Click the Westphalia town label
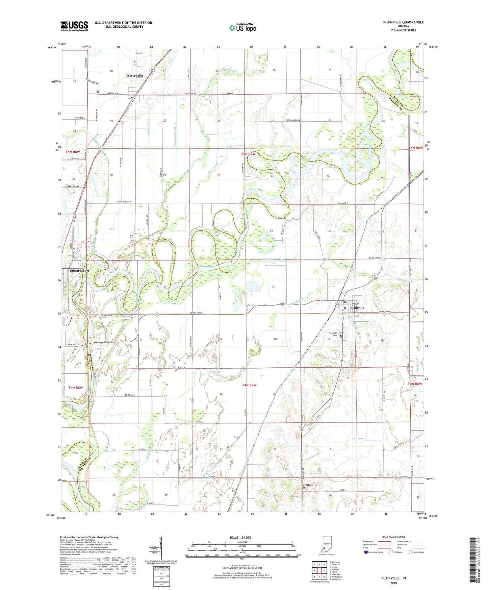[134, 76]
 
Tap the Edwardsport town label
[79, 271]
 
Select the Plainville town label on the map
[357, 308]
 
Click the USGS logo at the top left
[74, 26]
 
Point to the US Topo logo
[242, 28]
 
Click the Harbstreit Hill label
[308, 486]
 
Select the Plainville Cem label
[333, 334]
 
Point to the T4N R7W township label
[249, 385]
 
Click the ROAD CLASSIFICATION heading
[393, 537]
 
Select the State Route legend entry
[416, 552]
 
